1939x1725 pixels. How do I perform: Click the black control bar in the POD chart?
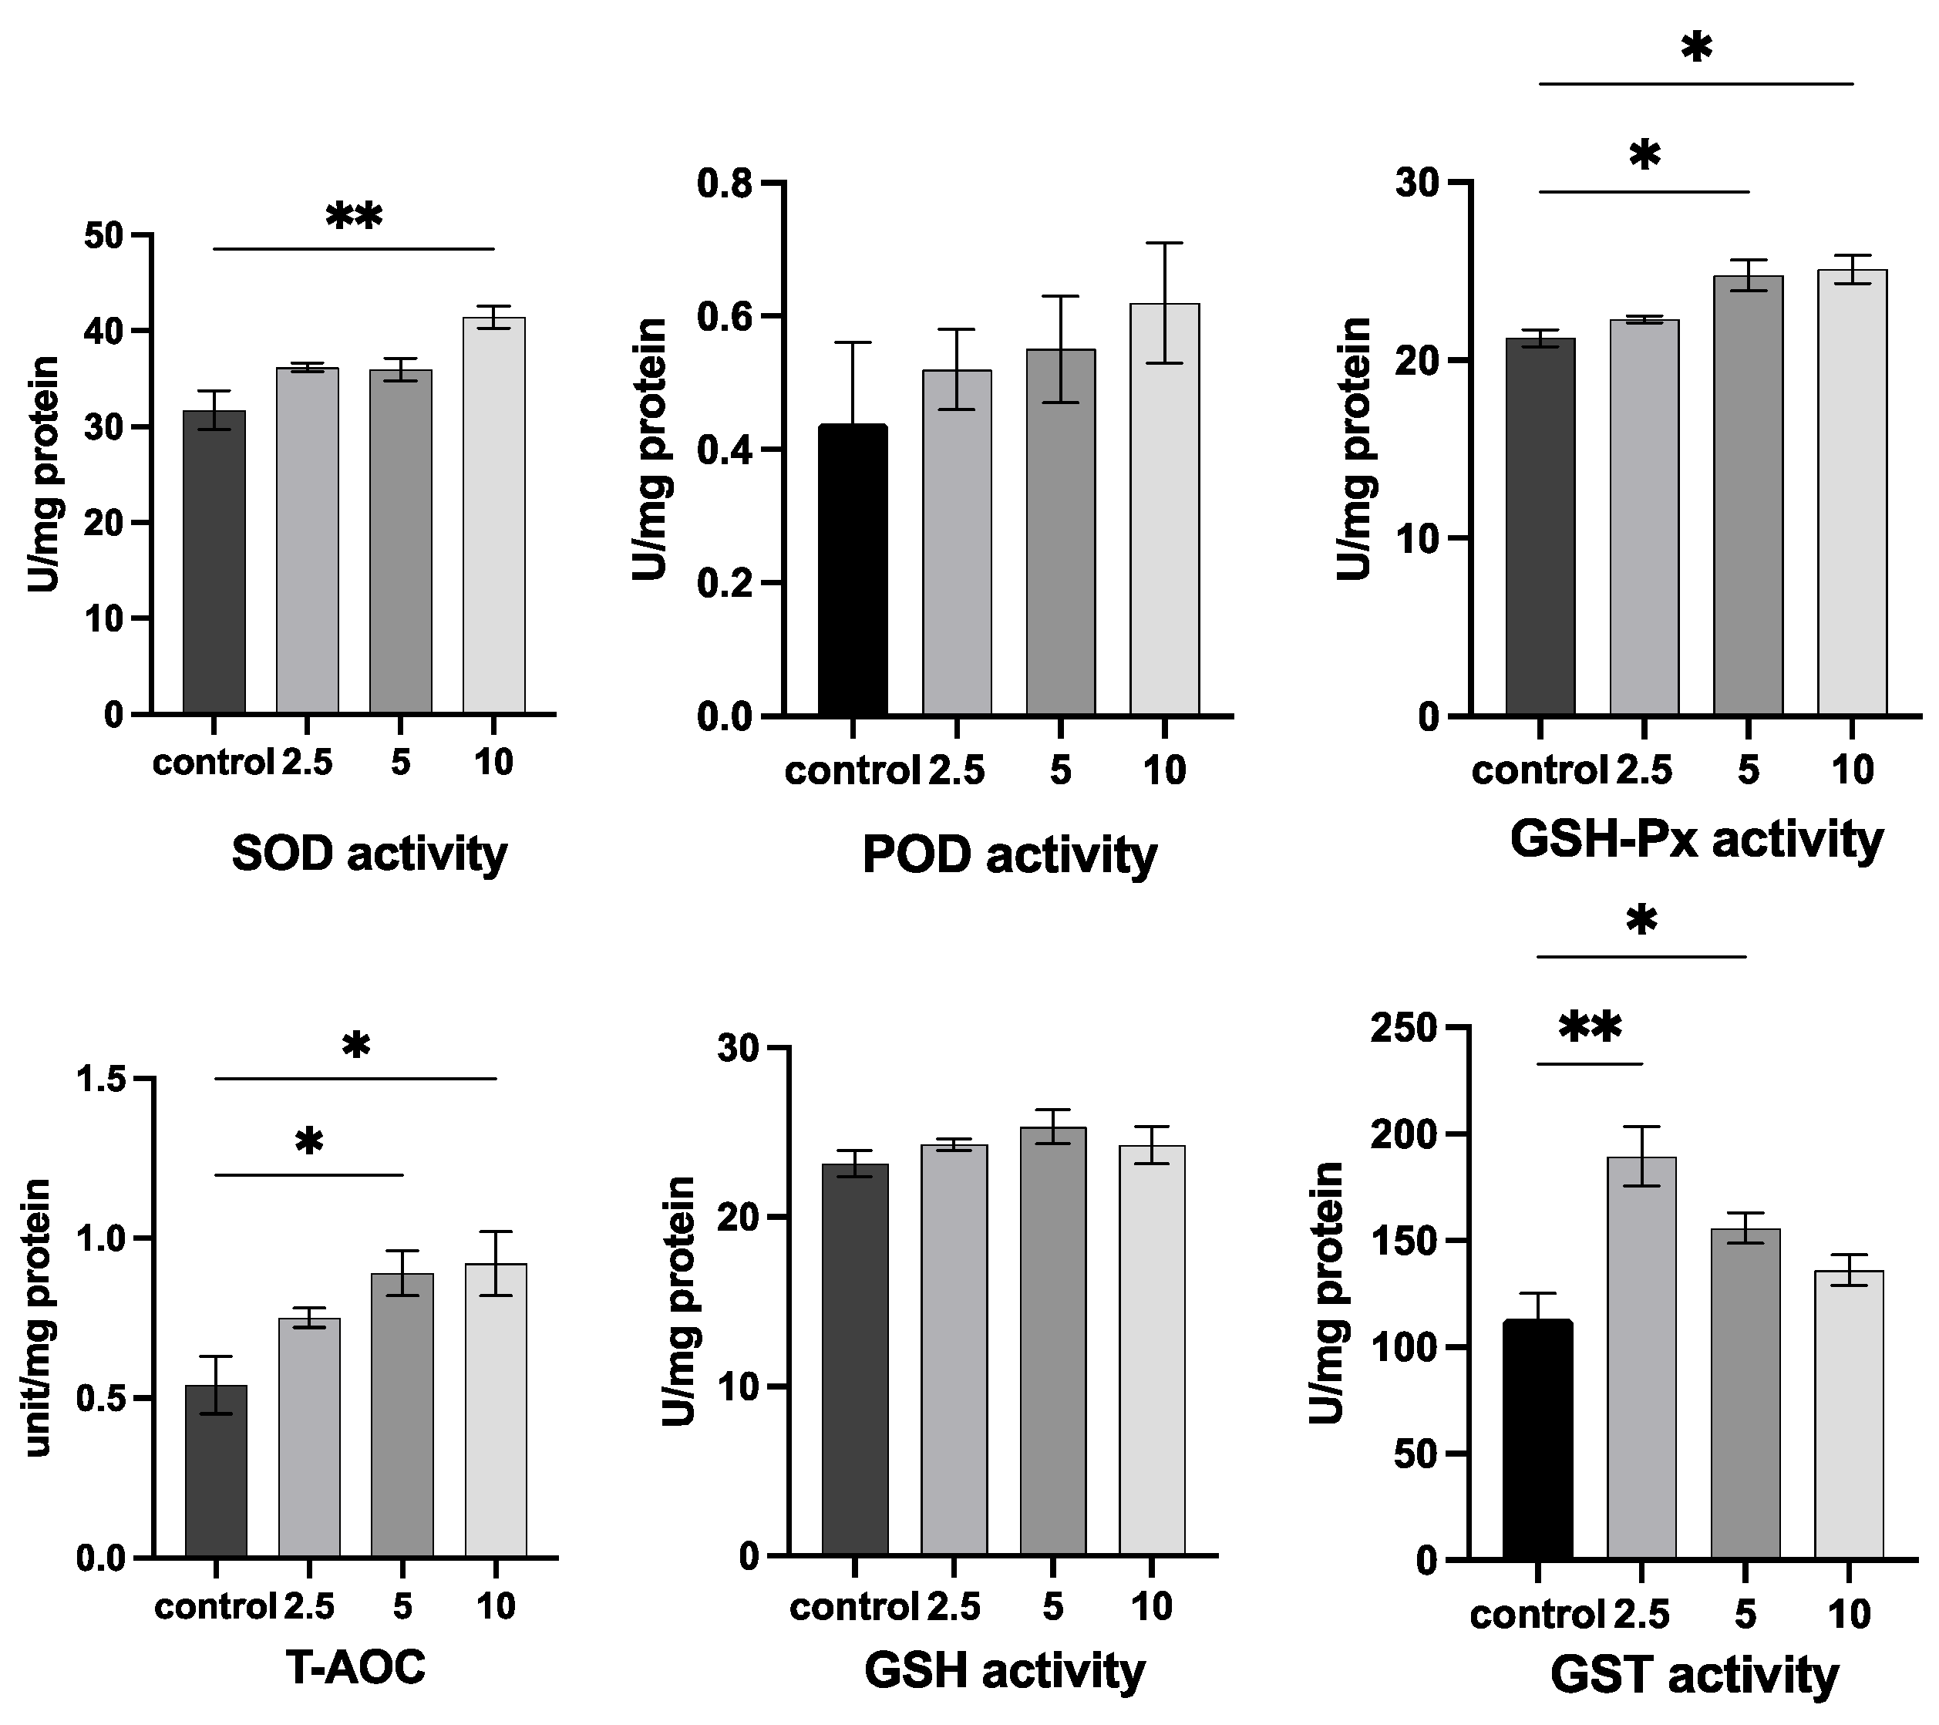coord(853,569)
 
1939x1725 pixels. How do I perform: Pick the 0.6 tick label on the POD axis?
coord(725,316)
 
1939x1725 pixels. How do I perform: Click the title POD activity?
coord(1009,855)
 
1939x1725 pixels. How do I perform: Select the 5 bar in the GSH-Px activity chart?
coord(1747,494)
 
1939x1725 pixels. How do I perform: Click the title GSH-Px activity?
coord(1696,840)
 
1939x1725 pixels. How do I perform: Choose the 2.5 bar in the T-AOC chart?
coord(309,1437)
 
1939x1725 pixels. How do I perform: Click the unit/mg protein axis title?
coord(38,1318)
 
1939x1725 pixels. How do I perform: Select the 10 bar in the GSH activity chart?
coord(1152,1350)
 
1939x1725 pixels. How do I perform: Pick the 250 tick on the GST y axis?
coord(1404,1028)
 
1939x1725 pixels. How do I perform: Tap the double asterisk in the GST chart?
coord(1591,1028)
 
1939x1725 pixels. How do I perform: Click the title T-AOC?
coord(355,1668)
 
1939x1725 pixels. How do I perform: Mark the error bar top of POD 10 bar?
coord(1165,244)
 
